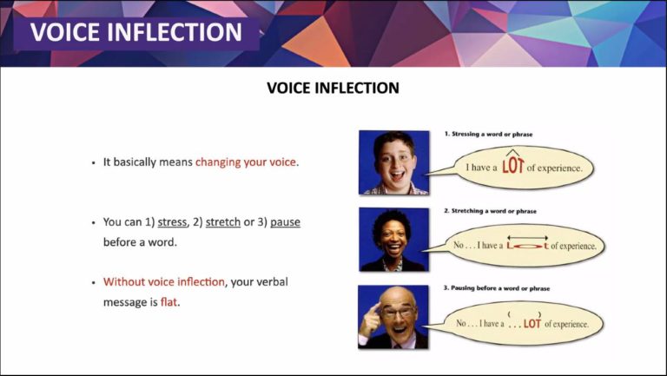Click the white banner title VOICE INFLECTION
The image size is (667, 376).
coord(136,32)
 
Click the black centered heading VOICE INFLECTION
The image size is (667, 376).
coord(333,88)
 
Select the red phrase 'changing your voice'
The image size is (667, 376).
coord(246,162)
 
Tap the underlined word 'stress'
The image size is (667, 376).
coord(172,222)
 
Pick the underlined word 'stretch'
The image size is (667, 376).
coord(223,222)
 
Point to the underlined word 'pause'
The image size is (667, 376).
coord(285,222)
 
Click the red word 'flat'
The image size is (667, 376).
coord(168,302)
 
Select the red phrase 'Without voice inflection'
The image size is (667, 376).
coord(164,281)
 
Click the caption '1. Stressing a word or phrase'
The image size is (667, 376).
coord(488,134)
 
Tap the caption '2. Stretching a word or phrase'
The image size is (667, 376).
coord(490,211)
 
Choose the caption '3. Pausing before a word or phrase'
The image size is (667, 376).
coord(497,288)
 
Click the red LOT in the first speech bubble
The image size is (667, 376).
coord(512,166)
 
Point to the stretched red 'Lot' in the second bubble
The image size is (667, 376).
coord(527,246)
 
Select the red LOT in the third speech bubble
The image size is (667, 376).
coord(532,324)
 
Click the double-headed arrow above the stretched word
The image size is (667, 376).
coord(527,238)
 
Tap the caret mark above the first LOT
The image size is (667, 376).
coord(512,152)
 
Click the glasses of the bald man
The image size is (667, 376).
coord(398,313)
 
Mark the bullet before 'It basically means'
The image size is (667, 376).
coord(94,163)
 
